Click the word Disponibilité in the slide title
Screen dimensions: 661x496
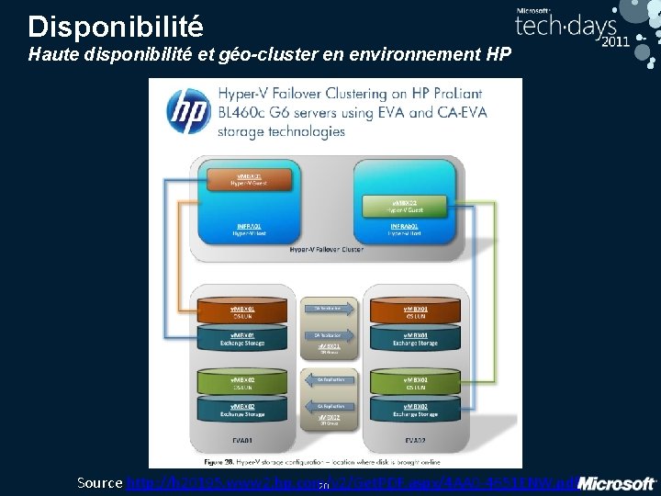click(116, 25)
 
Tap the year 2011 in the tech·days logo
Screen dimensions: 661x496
click(614, 41)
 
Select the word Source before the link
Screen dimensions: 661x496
click(100, 482)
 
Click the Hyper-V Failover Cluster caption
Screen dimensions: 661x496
click(326, 249)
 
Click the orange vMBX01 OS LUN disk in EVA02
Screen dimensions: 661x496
click(416, 312)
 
